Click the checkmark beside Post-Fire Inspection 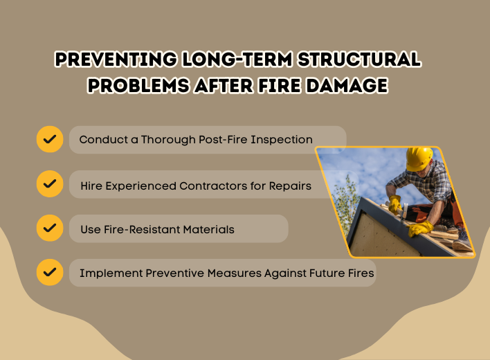50,139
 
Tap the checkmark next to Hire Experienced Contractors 50,184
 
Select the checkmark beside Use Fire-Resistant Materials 50,228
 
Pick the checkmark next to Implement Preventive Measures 50,272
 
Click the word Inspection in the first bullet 284,140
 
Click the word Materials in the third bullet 210,229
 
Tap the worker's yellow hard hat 418,158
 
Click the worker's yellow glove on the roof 420,228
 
